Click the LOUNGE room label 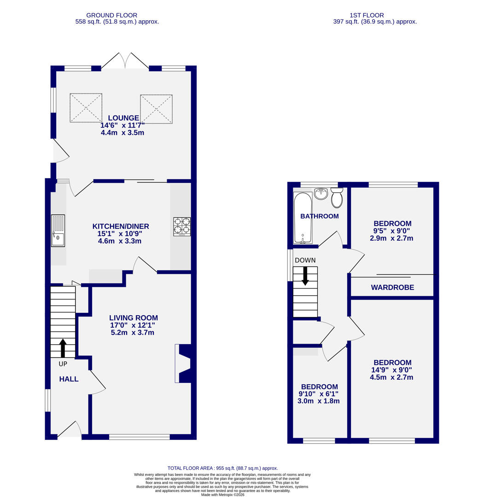click(122, 118)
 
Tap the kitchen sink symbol click(58, 231)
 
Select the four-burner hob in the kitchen click(181, 226)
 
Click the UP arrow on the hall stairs click(62, 348)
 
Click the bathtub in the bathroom click(303, 217)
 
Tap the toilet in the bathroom click(337, 197)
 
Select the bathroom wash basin click(321, 193)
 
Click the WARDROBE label click(392, 288)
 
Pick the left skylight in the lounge click(86, 108)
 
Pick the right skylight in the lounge click(156, 109)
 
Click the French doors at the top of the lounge click(122, 61)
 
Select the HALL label click(69, 379)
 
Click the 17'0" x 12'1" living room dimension click(133, 325)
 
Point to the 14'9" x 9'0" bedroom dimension click(392, 370)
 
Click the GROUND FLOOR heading click(111, 15)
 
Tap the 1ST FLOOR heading click(367, 15)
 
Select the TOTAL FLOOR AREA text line click(222, 468)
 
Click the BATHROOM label click(319, 216)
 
